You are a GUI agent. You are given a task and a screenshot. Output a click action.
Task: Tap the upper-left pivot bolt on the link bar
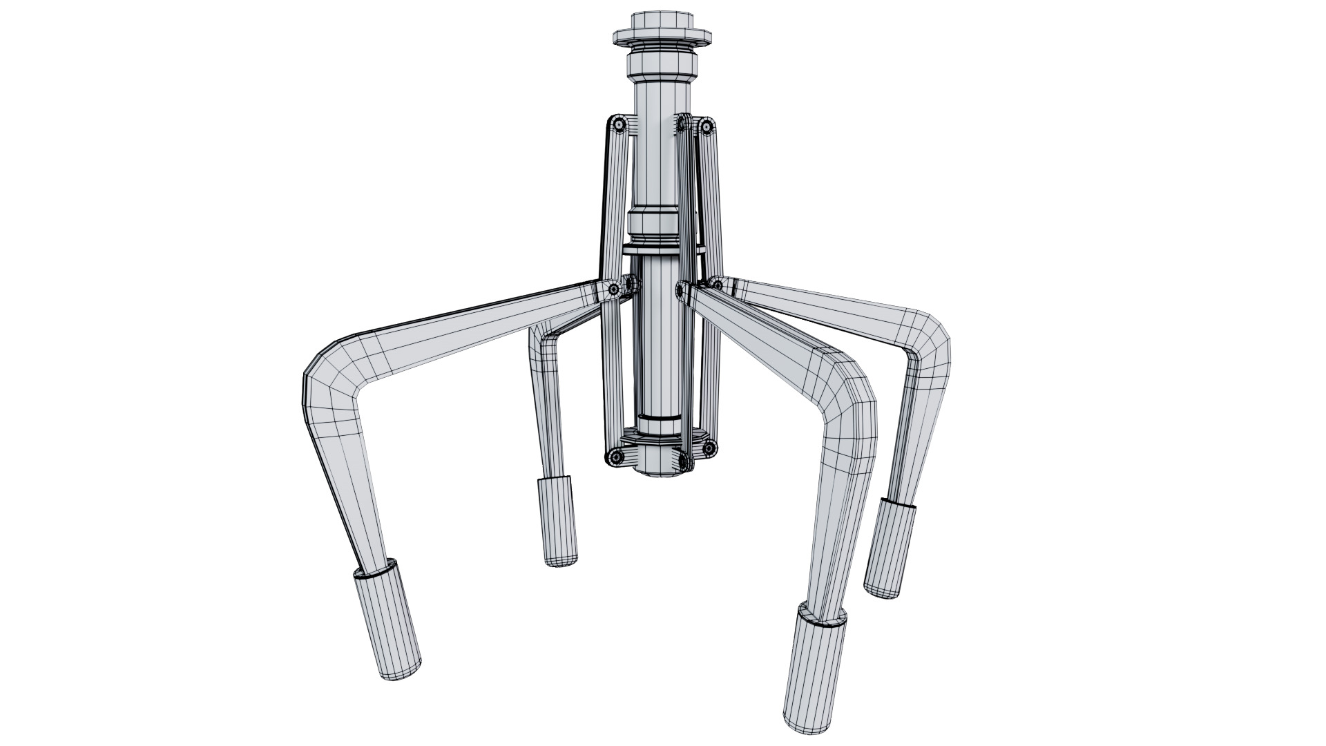pyautogui.click(x=619, y=124)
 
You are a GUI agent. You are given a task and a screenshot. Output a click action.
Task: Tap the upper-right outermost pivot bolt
pyautogui.click(x=706, y=126)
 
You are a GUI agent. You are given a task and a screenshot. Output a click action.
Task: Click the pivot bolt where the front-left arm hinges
pyautogui.click(x=614, y=290)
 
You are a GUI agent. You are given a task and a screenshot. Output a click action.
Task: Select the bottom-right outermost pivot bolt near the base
pyautogui.click(x=709, y=449)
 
